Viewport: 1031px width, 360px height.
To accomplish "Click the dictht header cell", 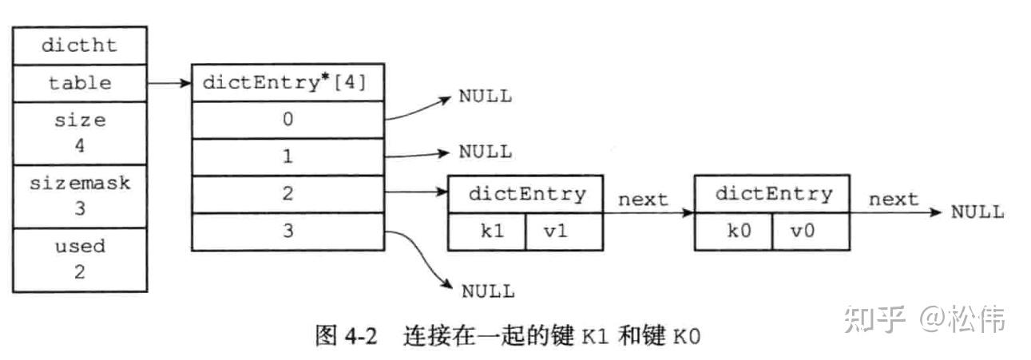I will (x=79, y=45).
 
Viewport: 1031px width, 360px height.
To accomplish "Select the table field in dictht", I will (x=79, y=82).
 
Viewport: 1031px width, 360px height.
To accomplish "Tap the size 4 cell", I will (x=79, y=133).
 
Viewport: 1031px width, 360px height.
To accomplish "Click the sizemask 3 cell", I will (x=79, y=196).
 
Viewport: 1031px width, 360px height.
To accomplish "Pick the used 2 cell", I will (x=79, y=258).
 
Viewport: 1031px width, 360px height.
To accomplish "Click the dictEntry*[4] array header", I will (x=287, y=82).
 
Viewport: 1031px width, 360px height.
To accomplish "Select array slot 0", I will (x=287, y=120).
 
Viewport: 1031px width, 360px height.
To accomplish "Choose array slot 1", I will (x=287, y=156).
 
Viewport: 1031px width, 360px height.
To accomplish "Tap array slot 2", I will (x=287, y=194).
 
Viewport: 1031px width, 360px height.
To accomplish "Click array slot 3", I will (x=287, y=231).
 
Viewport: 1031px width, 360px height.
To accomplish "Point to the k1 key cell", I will (x=486, y=232).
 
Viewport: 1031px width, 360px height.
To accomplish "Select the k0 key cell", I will (x=732, y=232).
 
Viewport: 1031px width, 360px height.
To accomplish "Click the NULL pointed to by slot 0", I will (x=485, y=97).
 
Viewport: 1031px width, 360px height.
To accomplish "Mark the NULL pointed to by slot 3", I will (x=488, y=291).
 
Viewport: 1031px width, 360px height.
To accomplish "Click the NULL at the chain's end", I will (x=977, y=212).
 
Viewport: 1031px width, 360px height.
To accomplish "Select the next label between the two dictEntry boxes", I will (x=643, y=200).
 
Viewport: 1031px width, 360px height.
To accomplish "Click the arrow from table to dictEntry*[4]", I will (x=169, y=82).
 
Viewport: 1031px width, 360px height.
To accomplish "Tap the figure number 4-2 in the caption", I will (x=360, y=336).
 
